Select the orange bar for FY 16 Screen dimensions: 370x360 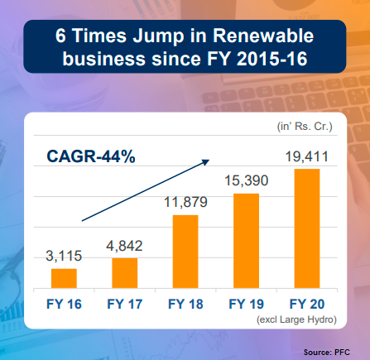(x=64, y=278)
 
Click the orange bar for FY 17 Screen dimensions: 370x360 (x=125, y=273)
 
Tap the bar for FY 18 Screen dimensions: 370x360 (x=185, y=252)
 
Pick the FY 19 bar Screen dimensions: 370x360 (x=246, y=241)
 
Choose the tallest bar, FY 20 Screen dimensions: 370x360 (x=307, y=228)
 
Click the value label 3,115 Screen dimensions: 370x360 (x=64, y=256)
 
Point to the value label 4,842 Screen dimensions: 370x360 (x=124, y=246)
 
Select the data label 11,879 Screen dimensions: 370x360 (x=185, y=202)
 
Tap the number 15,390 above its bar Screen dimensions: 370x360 (x=246, y=180)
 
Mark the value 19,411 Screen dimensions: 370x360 (x=307, y=156)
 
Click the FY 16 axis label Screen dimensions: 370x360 (x=64, y=304)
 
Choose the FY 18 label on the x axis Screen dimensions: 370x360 (x=185, y=304)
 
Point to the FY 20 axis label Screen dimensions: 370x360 (x=307, y=304)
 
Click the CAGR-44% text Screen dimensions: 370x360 (x=91, y=156)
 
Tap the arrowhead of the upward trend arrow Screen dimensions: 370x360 (x=207, y=161)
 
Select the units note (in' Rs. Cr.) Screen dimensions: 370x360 (x=305, y=127)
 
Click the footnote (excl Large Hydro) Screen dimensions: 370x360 (x=296, y=319)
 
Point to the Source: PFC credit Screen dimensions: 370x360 (x=327, y=353)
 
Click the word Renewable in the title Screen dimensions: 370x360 (x=263, y=36)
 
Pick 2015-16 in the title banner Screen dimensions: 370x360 (x=271, y=59)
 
